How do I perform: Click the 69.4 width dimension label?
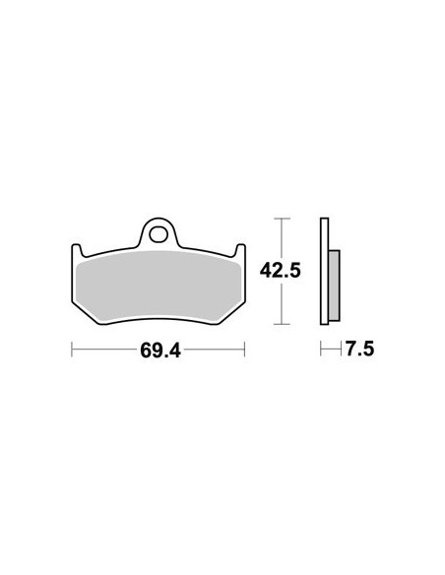click(160, 351)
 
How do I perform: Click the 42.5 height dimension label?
click(280, 271)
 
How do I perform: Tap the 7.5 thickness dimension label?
click(360, 349)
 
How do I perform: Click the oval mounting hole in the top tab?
click(158, 234)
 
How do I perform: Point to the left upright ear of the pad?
click(77, 251)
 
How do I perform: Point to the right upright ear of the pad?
click(240, 251)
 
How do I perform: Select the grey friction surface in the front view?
click(159, 286)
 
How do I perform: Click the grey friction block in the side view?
click(334, 286)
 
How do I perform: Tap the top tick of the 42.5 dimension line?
click(282, 219)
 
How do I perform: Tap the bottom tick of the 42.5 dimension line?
click(282, 324)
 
